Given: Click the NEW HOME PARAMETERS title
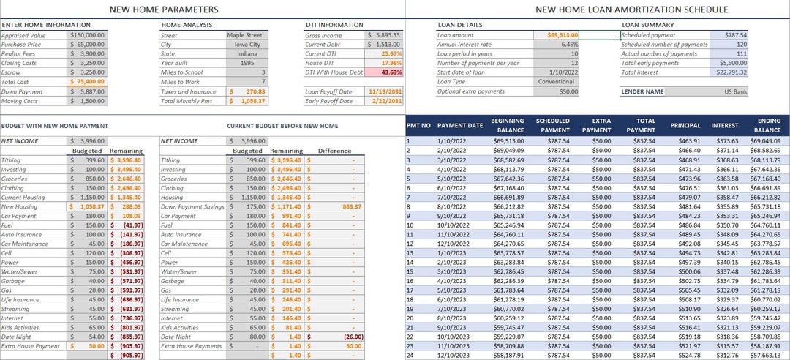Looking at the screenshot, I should click(x=163, y=10).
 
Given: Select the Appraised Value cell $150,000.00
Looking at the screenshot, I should click(x=88, y=34).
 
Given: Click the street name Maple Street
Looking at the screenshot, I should click(x=246, y=34).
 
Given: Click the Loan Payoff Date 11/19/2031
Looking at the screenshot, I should click(x=385, y=91).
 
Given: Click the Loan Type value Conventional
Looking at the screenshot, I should click(x=559, y=82).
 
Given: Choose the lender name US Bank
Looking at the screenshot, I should click(x=734, y=91).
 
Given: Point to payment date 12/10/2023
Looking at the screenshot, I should click(x=454, y=355).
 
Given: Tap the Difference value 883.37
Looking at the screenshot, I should click(x=352, y=207).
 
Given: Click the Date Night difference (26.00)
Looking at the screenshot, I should click(x=351, y=336).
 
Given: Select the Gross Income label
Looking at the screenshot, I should click(x=323, y=34).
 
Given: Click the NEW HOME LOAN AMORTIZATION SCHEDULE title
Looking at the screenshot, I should click(x=631, y=10).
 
